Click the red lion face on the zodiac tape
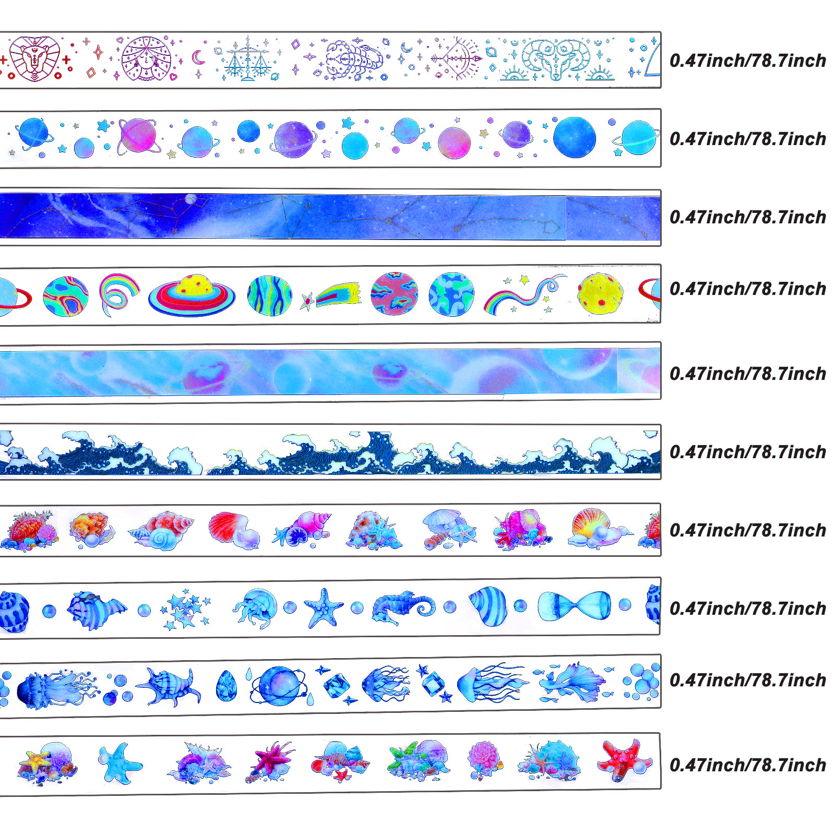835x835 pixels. (34, 58)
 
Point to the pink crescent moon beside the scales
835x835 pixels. (198, 57)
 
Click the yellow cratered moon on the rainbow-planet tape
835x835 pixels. (600, 293)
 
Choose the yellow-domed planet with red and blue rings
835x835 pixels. (192, 295)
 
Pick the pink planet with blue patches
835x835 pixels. (395, 294)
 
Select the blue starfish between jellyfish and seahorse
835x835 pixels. (323, 607)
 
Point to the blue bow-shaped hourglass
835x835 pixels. (574, 606)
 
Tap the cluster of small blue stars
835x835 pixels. (187, 609)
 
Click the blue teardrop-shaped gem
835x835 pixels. (226, 685)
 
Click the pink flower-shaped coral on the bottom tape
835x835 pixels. (484, 758)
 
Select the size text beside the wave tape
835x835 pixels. (747, 452)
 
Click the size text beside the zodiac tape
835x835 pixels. (747, 61)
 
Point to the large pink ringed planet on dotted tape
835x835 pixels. (138, 136)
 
